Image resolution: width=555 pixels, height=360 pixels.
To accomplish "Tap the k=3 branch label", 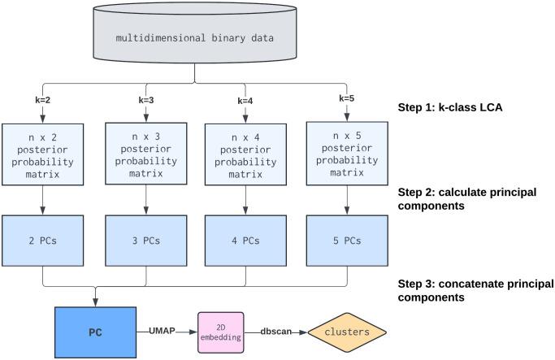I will coord(146,100).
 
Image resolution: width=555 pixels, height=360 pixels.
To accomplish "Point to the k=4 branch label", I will coord(245,102).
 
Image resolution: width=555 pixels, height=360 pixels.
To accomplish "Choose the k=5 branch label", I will coord(345,98).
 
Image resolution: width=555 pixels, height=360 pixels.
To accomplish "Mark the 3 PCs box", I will coord(146,241).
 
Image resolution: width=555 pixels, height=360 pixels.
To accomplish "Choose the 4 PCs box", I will coord(245,241).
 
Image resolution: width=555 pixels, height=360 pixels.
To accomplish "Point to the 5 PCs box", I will coord(345,241).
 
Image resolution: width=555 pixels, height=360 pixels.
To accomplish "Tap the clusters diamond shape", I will coord(345,332).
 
